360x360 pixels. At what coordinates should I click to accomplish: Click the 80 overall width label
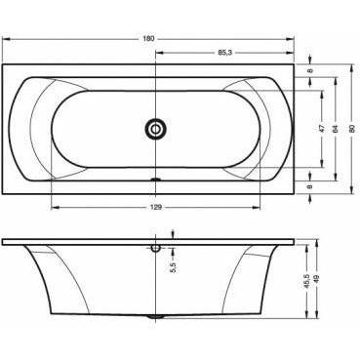pos(349,127)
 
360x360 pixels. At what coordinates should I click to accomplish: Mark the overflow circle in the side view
pos(156,247)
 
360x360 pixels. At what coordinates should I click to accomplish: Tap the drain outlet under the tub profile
pos(156,317)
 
